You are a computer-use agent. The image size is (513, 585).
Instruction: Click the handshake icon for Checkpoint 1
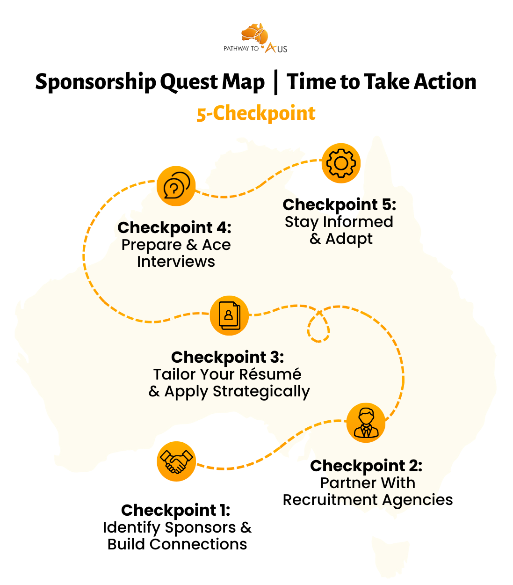tap(176, 461)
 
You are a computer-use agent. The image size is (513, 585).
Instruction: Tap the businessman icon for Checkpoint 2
tap(366, 423)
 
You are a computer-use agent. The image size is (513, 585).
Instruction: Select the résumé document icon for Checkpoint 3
tap(229, 315)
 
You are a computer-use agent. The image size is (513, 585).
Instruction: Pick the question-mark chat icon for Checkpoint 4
tap(176, 186)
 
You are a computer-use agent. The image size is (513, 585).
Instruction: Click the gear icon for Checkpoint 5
tap(341, 163)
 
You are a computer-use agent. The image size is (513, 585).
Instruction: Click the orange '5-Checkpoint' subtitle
tap(256, 114)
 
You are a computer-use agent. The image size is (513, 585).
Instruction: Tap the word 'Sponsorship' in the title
tap(95, 82)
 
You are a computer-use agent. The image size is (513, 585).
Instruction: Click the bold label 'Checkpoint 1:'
tap(175, 510)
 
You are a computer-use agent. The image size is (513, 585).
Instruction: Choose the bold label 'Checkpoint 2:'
tap(366, 466)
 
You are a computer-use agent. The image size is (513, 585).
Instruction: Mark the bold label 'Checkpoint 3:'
tap(228, 357)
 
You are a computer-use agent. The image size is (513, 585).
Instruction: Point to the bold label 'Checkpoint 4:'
tap(174, 227)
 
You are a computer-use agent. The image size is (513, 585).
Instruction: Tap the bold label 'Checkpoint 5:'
tap(340, 205)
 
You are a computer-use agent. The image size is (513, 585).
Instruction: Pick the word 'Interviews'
tap(176, 262)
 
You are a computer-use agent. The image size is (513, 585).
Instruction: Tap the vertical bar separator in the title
tap(276, 82)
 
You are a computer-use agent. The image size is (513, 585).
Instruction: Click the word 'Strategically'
tap(261, 391)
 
